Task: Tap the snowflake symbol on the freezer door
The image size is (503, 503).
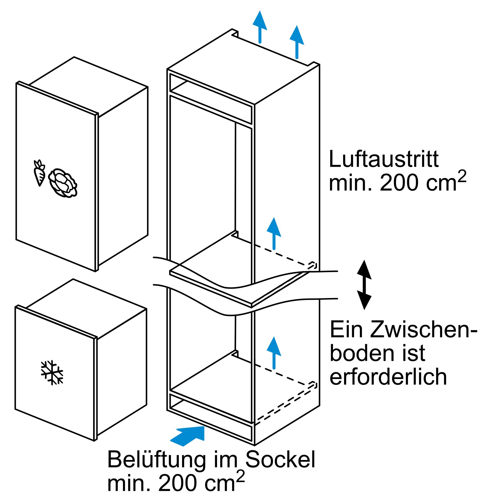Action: tap(52, 372)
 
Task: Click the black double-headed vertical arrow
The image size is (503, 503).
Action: tap(364, 285)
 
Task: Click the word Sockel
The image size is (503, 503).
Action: tap(280, 460)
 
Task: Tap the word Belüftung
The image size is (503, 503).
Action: tap(156, 460)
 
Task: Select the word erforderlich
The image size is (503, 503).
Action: tap(388, 376)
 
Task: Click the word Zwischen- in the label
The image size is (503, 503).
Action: tap(423, 330)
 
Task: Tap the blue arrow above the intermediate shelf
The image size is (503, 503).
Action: tap(274, 233)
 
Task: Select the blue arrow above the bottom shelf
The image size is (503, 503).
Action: tap(274, 353)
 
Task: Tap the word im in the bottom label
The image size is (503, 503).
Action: tap(225, 460)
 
